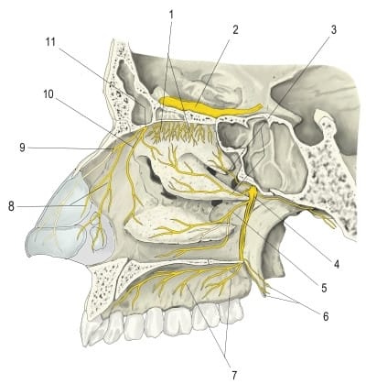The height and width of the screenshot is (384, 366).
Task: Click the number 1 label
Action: click(x=171, y=15)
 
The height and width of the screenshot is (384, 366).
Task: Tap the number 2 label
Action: click(x=235, y=29)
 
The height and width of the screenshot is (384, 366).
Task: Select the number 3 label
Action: click(x=334, y=30)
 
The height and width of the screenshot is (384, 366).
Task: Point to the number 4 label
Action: click(x=337, y=264)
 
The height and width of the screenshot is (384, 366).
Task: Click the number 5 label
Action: click(x=324, y=288)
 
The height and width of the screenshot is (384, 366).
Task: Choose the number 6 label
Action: click(x=326, y=316)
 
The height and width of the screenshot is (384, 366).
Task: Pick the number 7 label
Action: click(x=234, y=375)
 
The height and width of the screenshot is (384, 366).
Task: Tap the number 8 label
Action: click(x=11, y=207)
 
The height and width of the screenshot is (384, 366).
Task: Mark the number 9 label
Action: click(x=22, y=148)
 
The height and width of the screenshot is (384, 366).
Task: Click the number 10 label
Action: click(x=48, y=94)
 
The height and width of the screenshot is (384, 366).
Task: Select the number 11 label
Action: click(x=50, y=42)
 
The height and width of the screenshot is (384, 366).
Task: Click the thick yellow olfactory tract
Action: click(x=210, y=108)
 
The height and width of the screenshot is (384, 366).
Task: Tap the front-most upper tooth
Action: click(x=92, y=333)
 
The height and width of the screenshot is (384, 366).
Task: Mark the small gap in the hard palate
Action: click(x=209, y=262)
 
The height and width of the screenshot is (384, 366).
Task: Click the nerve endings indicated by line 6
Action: click(x=266, y=290)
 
